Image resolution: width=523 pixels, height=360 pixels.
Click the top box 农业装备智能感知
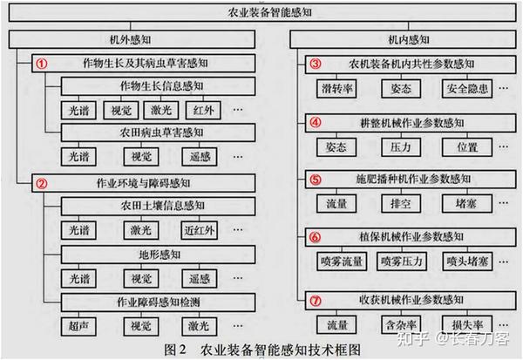coord(261,15)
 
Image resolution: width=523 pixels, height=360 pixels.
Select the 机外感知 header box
coord(130,40)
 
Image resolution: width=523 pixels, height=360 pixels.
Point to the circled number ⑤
coord(316,180)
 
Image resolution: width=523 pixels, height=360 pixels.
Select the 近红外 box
coord(200,231)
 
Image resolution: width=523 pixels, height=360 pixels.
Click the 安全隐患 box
coord(467,88)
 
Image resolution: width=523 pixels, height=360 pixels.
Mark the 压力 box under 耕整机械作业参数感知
coord(402,146)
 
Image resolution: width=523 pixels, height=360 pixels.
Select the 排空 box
coord(402,203)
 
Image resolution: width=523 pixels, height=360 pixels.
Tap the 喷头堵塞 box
coord(467,262)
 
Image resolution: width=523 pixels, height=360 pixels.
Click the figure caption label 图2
coord(178,350)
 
